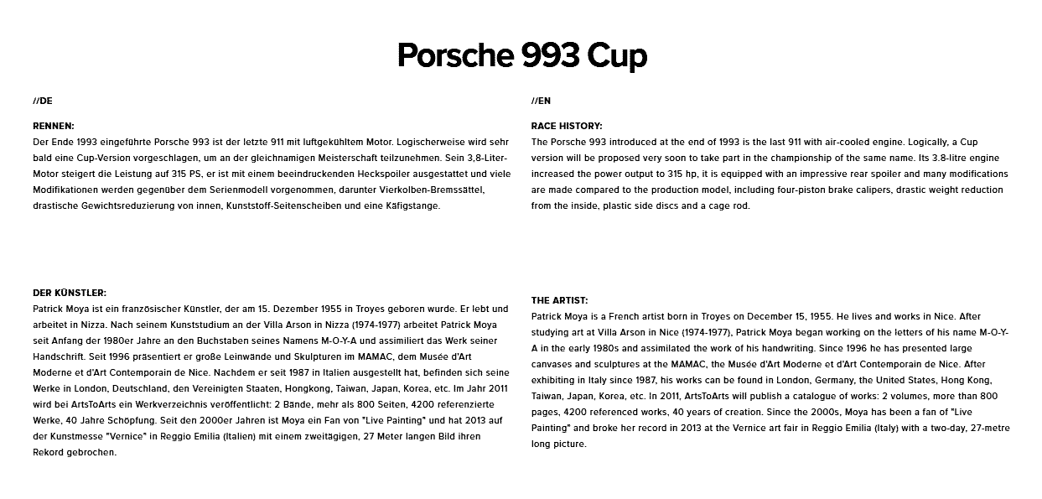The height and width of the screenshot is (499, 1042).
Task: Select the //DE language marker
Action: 43,101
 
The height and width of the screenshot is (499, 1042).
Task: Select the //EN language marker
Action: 541,101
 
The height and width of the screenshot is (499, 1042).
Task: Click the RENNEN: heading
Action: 54,126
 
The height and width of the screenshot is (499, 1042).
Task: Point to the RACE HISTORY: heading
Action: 567,126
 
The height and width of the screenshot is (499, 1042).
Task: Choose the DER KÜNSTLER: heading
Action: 70,293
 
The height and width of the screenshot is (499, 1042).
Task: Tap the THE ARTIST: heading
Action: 560,300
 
